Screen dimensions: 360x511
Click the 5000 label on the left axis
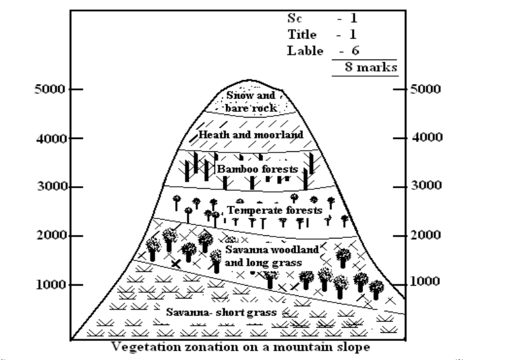[x=49, y=89]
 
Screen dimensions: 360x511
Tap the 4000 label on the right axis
[x=428, y=138]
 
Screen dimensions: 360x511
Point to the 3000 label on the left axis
[x=49, y=187]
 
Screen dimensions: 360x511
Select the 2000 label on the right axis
[x=428, y=235]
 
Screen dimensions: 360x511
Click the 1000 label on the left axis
[x=49, y=284]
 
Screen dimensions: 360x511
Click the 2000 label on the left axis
[x=49, y=235]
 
